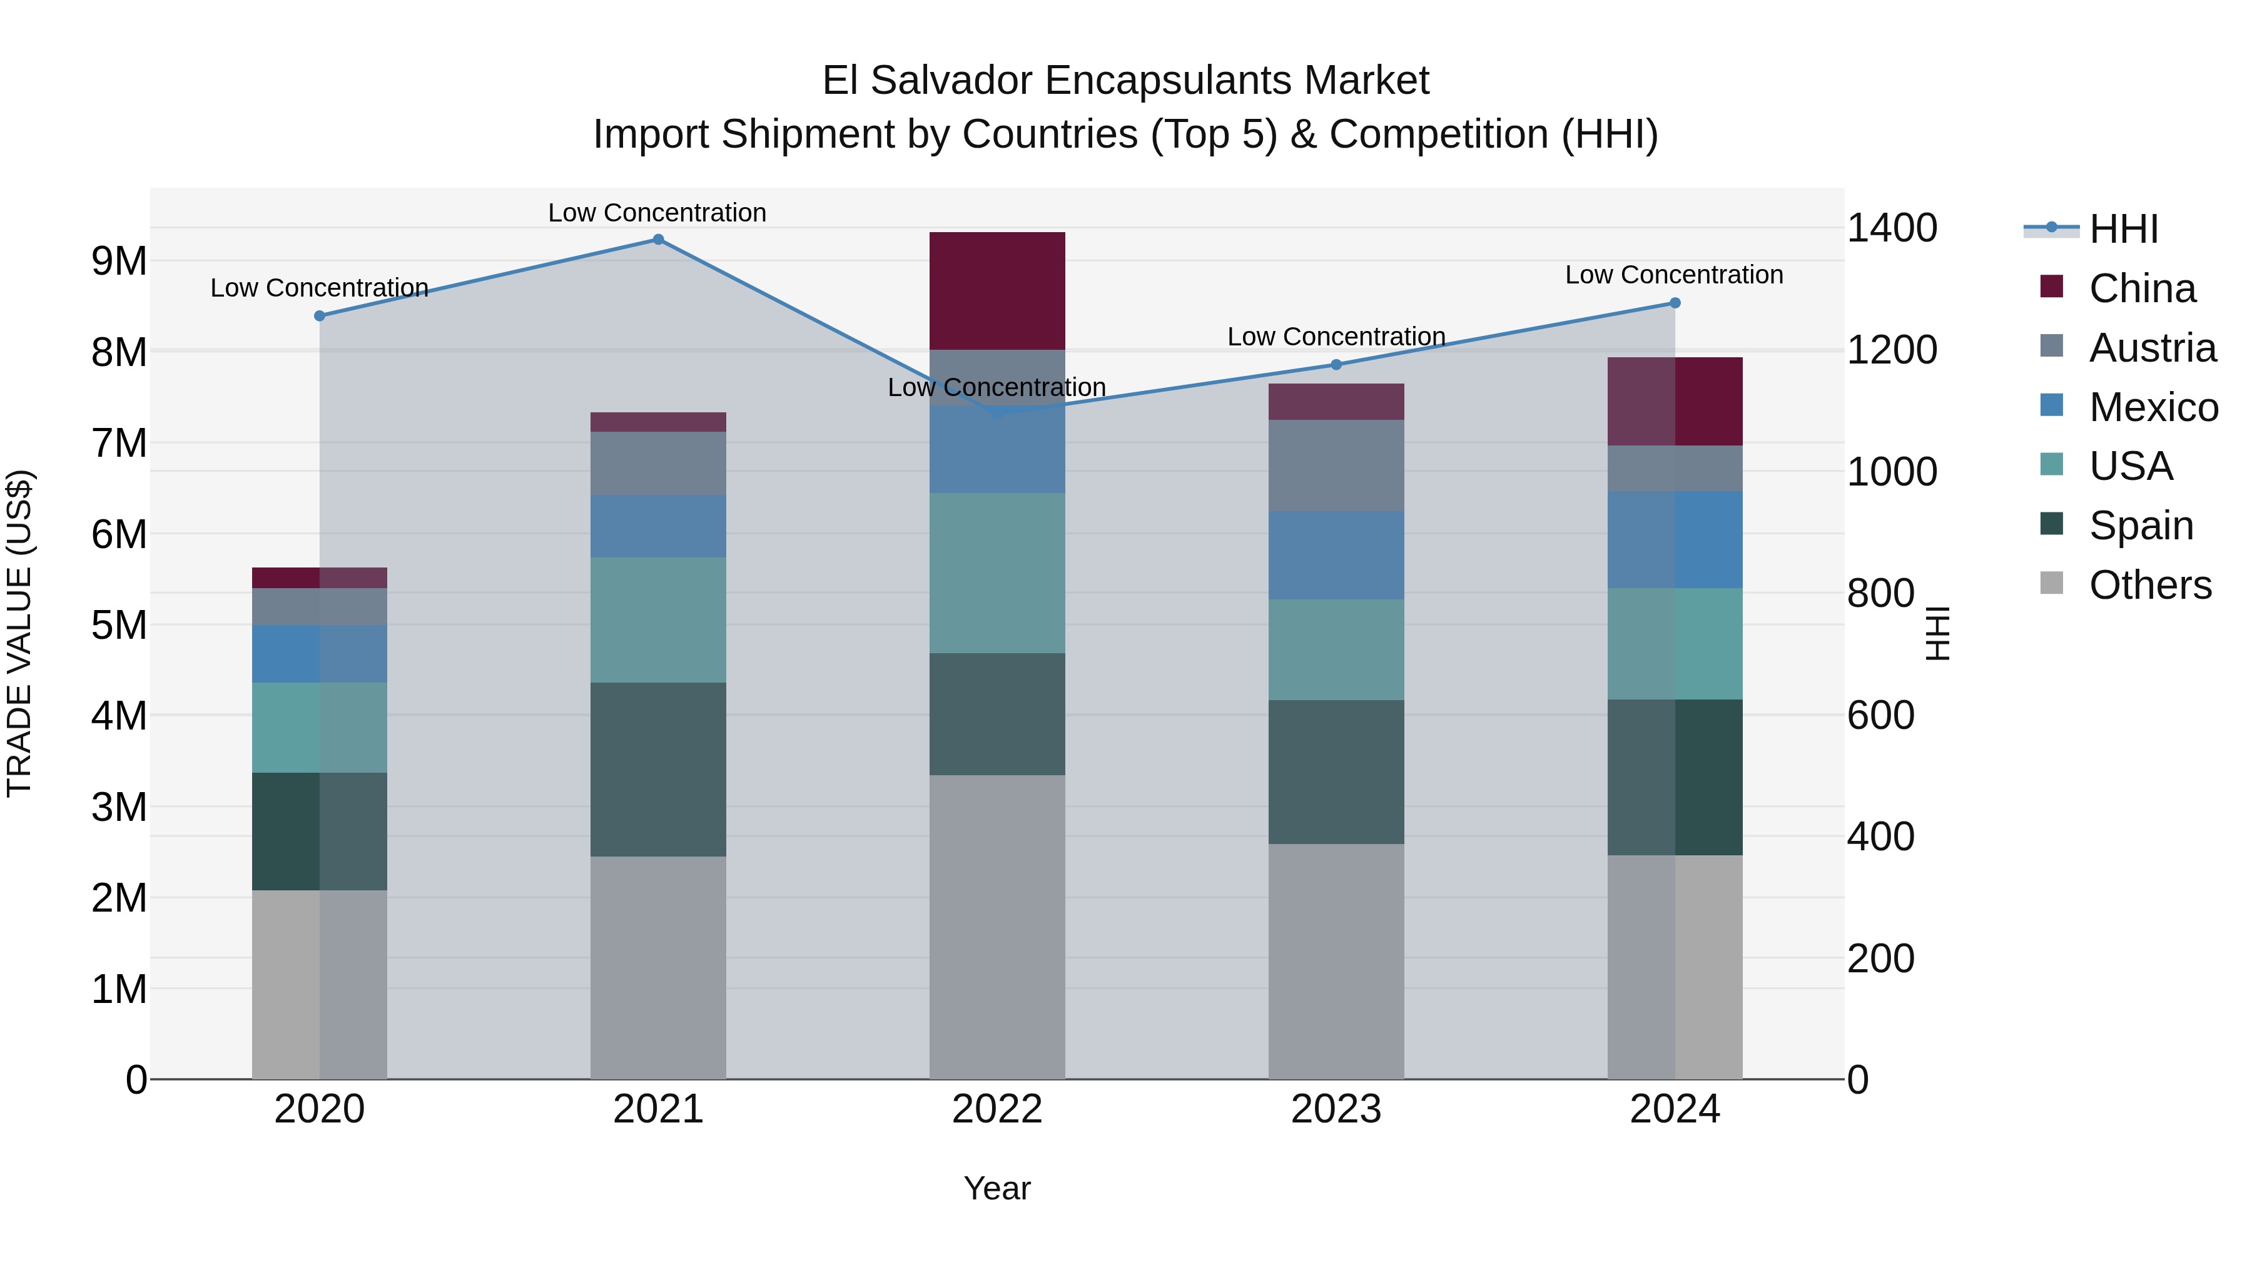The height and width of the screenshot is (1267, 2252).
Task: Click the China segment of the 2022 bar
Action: click(x=997, y=290)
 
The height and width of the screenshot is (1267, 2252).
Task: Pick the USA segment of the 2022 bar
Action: click(x=997, y=572)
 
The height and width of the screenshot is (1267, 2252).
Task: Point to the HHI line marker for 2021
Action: click(x=658, y=240)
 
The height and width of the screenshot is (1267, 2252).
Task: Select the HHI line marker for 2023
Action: click(x=1336, y=365)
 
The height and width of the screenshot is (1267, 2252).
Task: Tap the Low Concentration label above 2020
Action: click(x=319, y=288)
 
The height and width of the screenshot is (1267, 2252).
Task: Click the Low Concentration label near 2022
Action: click(x=997, y=387)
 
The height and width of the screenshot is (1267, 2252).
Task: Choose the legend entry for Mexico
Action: click(x=2153, y=407)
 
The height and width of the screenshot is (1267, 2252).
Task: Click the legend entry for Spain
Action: click(x=2141, y=526)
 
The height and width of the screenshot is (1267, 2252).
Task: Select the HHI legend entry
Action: click(x=2123, y=229)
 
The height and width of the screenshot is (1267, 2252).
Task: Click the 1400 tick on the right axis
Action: click(x=1892, y=228)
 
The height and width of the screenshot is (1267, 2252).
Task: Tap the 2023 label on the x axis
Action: click(x=1336, y=1109)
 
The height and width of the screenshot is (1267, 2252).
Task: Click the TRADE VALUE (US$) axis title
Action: click(x=19, y=633)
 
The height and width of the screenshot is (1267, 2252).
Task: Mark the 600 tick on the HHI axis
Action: click(x=1880, y=715)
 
